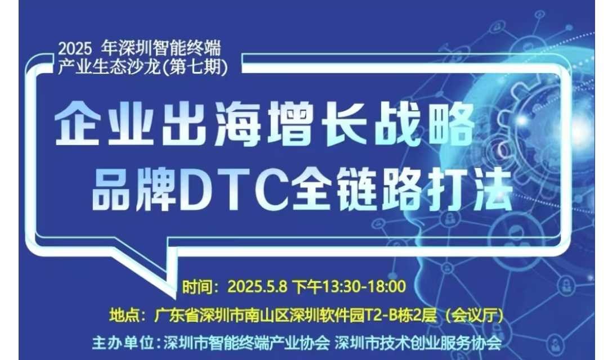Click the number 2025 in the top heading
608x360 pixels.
click(75, 49)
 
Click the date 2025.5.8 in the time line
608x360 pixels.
click(257, 287)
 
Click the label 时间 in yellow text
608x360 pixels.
click(197, 287)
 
